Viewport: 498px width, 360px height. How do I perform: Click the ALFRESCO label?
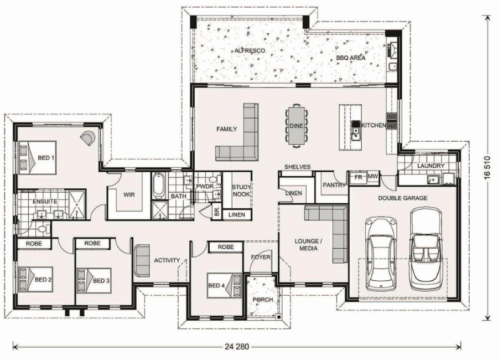(x=250, y=50)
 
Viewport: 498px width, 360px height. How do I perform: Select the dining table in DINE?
(x=296, y=126)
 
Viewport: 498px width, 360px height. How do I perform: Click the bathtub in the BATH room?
(x=159, y=186)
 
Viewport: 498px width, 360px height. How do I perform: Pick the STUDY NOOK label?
(x=241, y=191)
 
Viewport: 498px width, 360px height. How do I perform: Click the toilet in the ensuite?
(x=41, y=228)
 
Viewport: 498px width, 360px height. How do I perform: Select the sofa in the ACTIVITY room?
(x=142, y=260)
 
